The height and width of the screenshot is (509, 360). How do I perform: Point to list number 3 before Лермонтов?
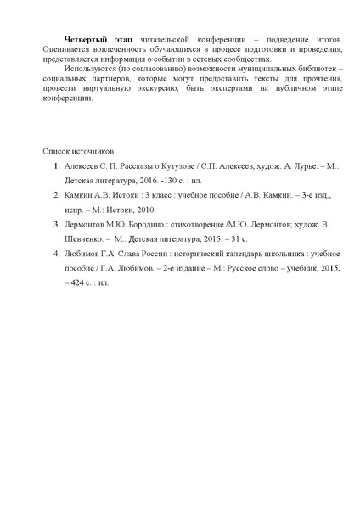(55, 225)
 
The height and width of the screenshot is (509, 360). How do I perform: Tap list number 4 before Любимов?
(55, 253)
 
